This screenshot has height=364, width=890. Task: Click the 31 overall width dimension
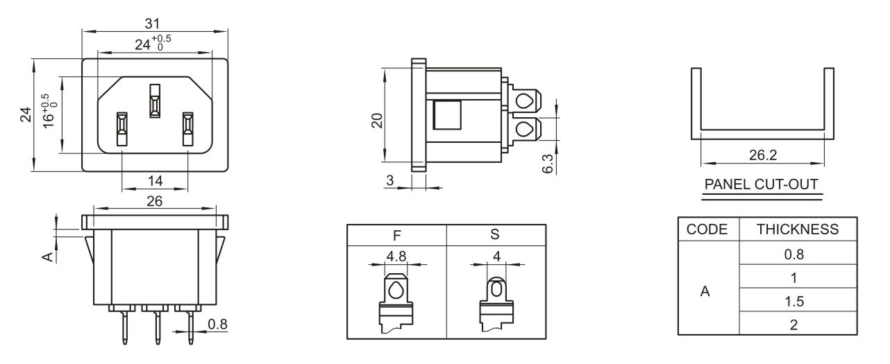[153, 24]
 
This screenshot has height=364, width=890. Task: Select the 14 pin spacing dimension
[156, 181]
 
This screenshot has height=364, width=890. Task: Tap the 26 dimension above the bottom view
[155, 201]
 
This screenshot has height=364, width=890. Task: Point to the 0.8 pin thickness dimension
[218, 324]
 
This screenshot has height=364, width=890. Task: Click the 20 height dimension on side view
[377, 121]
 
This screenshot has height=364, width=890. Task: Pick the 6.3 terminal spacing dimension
[548, 164]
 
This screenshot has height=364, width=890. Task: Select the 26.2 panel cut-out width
[763, 155]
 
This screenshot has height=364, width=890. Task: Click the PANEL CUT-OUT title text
[762, 184]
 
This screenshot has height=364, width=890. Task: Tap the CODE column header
[707, 229]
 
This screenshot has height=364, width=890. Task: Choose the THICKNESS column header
[798, 229]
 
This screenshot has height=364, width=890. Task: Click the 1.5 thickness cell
[794, 302]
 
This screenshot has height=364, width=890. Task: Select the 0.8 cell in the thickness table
[794, 254]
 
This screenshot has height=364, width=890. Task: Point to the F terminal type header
[396, 236]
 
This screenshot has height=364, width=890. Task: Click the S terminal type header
[495, 234]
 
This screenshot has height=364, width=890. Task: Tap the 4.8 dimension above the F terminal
[396, 256]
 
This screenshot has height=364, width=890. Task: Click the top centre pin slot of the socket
[155, 101]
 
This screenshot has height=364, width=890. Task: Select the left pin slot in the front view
[122, 130]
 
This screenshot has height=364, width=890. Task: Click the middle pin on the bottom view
[158, 327]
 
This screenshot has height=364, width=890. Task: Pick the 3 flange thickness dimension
[389, 180]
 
